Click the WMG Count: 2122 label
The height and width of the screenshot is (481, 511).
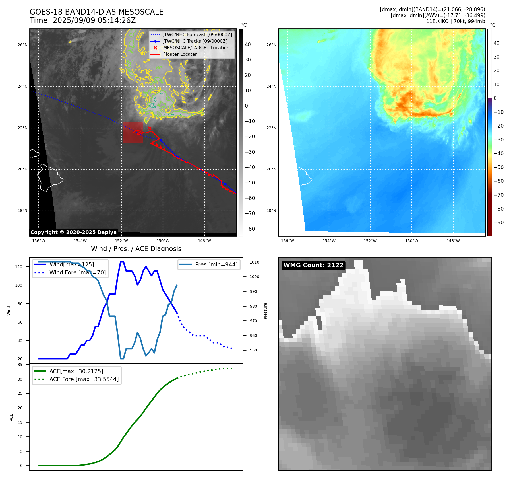[313, 265]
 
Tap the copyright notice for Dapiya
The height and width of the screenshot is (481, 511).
[73, 232]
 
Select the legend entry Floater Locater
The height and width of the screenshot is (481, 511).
[180, 54]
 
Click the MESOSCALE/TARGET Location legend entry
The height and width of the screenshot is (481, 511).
[196, 48]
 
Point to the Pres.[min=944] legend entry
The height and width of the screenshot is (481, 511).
[216, 264]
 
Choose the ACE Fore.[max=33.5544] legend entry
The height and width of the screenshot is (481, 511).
[84, 379]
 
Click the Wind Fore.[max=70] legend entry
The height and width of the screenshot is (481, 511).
[77, 272]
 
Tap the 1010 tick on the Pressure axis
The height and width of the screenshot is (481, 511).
[255, 262]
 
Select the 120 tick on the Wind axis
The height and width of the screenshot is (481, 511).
[19, 267]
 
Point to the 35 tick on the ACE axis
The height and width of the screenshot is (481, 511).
[20, 365]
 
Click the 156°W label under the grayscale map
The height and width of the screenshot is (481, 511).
[39, 241]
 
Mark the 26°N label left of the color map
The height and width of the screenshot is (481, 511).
[271, 45]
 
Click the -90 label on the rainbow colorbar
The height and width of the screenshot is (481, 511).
[498, 223]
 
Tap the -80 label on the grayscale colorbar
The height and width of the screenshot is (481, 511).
[250, 229]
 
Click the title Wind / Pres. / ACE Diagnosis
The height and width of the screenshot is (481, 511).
[136, 249]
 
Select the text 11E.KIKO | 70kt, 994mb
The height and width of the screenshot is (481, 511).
[456, 21]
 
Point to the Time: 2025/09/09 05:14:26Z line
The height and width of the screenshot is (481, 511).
[82, 20]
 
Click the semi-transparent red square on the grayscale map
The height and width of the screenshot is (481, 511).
[133, 132]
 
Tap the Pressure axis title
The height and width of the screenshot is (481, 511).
[265, 311]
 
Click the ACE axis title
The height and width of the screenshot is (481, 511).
[11, 417]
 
